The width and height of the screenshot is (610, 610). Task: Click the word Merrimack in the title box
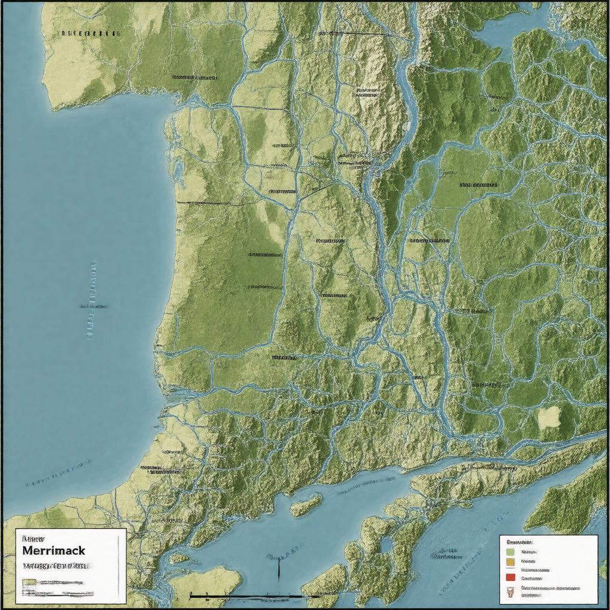[x=54, y=551]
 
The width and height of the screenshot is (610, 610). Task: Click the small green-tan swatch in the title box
[x=29, y=582]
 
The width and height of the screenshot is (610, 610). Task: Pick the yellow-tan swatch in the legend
[x=509, y=561]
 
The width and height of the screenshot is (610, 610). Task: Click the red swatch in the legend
[x=509, y=577]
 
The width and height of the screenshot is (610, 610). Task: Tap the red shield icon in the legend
[x=509, y=592]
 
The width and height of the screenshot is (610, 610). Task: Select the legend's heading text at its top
[x=519, y=543]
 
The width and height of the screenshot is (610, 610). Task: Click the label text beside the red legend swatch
[x=531, y=578]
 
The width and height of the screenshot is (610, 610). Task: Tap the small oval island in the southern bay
[x=306, y=505]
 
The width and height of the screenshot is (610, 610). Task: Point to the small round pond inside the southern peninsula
[x=387, y=544]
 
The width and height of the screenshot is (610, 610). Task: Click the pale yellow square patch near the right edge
[x=549, y=418]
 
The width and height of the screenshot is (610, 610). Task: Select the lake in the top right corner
[x=506, y=27]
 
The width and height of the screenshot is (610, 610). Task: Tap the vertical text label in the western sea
[x=93, y=298]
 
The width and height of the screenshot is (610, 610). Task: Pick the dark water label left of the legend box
[x=447, y=557]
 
